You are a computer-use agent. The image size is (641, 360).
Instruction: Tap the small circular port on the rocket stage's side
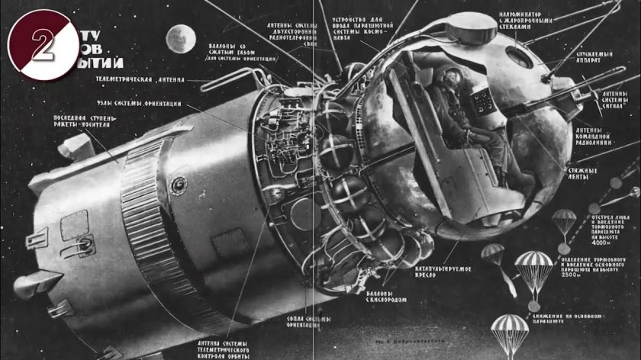(178, 184)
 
